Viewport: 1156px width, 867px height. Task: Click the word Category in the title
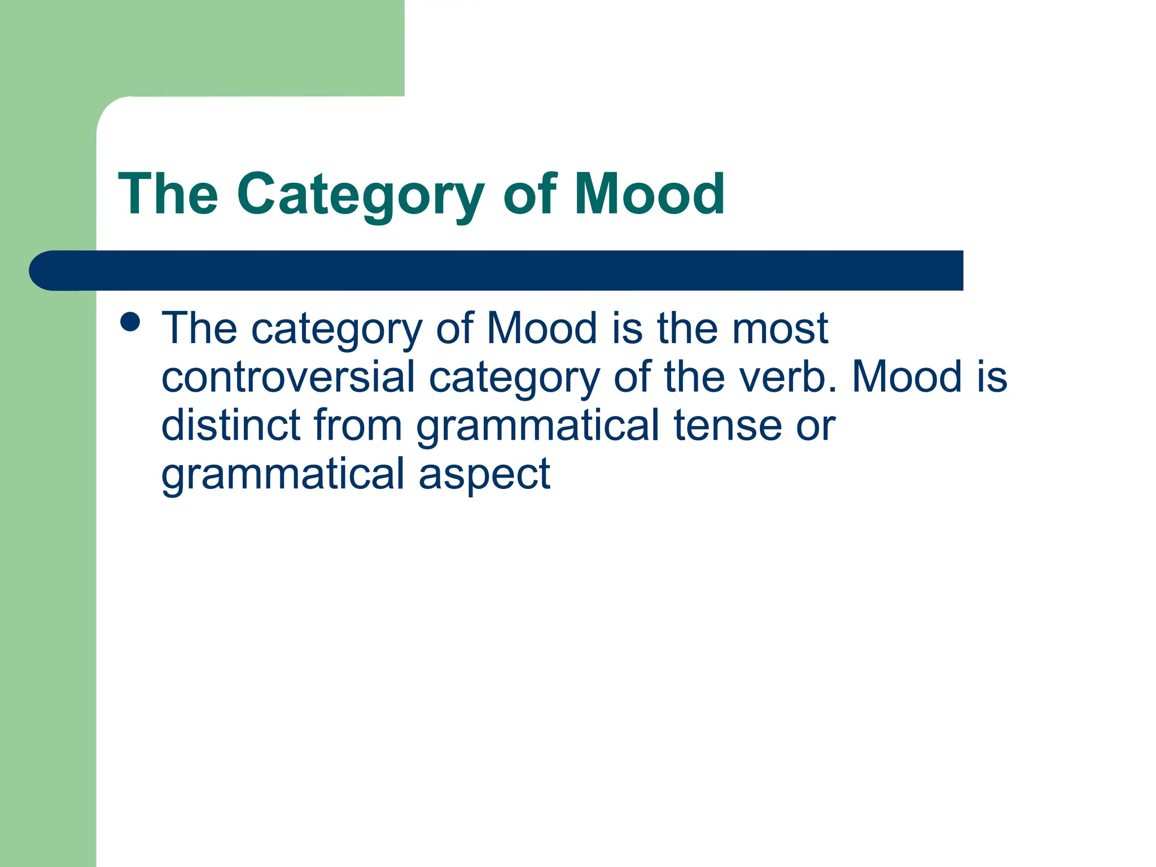(x=360, y=195)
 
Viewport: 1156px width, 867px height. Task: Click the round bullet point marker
(x=130, y=322)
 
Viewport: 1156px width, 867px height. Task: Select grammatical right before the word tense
(x=538, y=426)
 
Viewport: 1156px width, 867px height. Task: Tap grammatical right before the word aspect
(x=283, y=474)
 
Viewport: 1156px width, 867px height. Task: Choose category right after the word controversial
(x=514, y=378)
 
